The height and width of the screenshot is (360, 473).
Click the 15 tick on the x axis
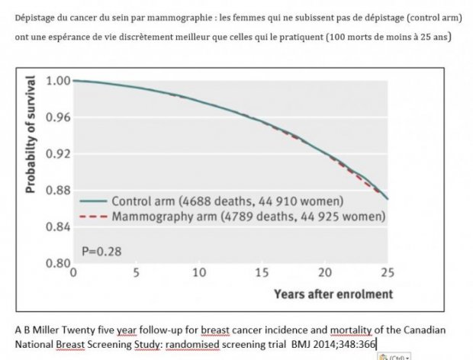point(262,272)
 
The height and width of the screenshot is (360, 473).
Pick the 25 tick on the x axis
point(388,272)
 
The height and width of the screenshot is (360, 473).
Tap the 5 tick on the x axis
point(136,272)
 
